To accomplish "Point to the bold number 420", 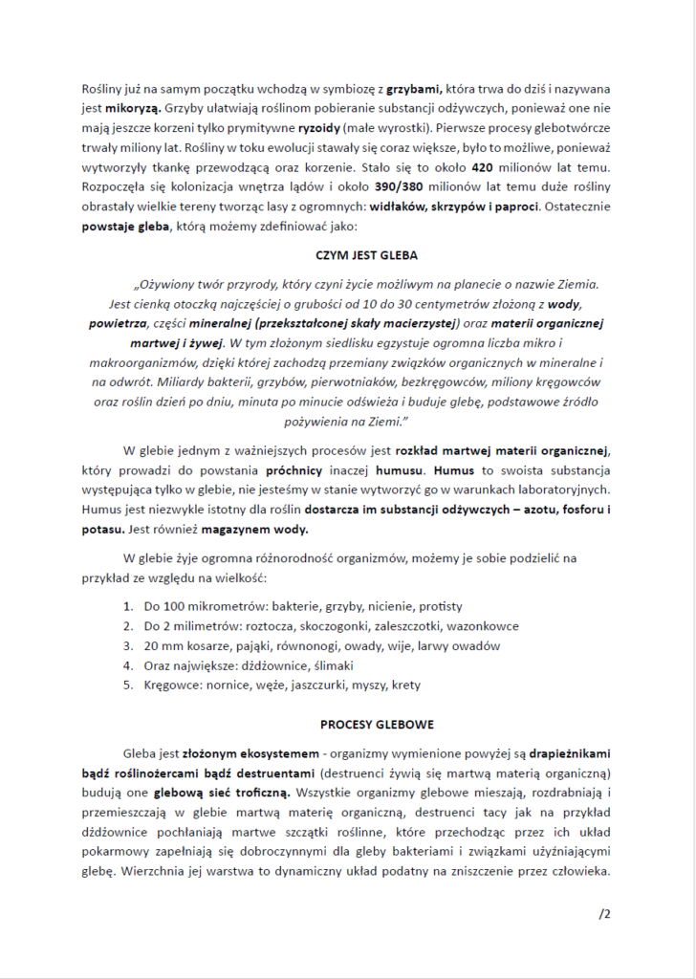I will pyautogui.click(x=473, y=168).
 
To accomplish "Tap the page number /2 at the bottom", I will pyautogui.click(x=604, y=914).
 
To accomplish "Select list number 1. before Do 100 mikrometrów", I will pyautogui.click(x=129, y=607).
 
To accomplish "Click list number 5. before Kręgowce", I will pyautogui.click(x=129, y=685).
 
